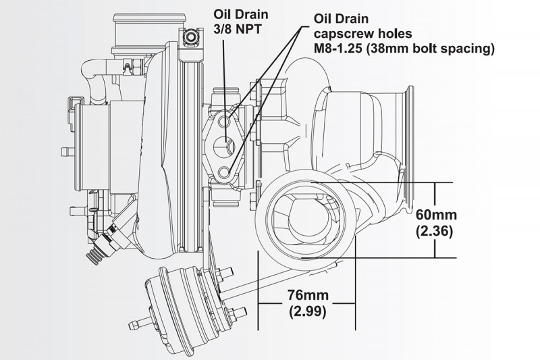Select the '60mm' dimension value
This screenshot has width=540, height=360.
pyautogui.click(x=437, y=215)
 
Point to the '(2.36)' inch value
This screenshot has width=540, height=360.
pyautogui.click(x=437, y=231)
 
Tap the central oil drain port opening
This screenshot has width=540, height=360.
pyautogui.click(x=224, y=144)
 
